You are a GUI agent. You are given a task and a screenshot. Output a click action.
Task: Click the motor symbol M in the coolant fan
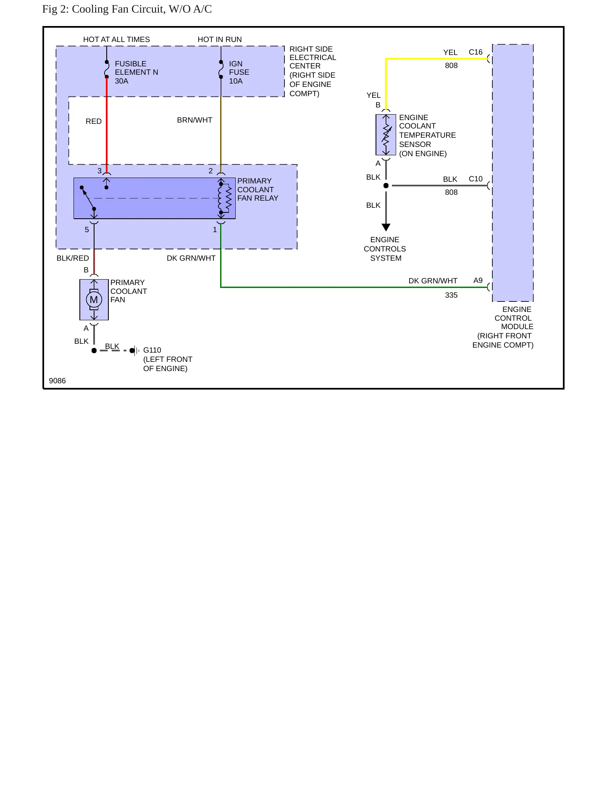coord(94,300)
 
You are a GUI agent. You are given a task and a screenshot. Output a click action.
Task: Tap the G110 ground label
coord(152,350)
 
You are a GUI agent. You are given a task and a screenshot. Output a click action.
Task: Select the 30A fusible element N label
coord(137,72)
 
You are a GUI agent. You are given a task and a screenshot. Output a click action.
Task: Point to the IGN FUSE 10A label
coord(239,72)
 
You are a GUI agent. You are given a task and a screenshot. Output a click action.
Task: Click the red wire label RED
coord(94,121)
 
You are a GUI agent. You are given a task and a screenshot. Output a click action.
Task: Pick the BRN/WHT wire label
coord(194,120)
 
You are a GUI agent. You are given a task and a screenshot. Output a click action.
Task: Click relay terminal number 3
coord(100,171)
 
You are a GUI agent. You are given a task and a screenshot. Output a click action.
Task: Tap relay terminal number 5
coord(87,230)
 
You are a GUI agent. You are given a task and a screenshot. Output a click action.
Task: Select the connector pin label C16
coord(476,52)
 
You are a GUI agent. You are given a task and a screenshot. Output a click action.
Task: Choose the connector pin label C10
coord(476,179)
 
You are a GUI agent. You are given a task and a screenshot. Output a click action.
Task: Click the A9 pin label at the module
coord(478,280)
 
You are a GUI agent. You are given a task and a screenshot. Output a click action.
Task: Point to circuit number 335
coord(451,295)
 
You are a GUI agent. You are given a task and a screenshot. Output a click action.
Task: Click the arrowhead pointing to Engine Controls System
coord(386,228)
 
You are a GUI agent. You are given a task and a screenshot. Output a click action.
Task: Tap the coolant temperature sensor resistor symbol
coord(386,135)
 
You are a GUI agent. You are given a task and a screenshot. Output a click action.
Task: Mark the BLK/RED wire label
coord(73,258)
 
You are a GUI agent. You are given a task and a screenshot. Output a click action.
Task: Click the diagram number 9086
coord(57,381)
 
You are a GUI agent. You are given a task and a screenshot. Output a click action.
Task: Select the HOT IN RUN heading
coord(220,39)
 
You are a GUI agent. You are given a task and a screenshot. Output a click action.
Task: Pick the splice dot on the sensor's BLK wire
coord(386,186)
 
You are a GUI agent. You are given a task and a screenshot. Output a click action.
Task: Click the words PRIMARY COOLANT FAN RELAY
coord(258,189)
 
